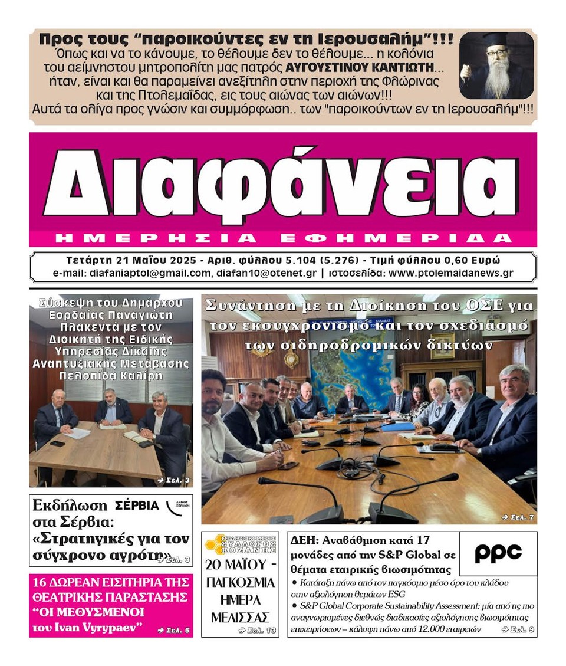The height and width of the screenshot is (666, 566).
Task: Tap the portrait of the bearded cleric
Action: [497, 65]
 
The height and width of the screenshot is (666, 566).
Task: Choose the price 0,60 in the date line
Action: [465, 260]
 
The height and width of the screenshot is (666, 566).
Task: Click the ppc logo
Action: [498, 553]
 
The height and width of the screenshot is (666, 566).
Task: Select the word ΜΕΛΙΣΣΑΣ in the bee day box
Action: [240, 617]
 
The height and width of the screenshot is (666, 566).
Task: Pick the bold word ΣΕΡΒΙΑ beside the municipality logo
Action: [137, 505]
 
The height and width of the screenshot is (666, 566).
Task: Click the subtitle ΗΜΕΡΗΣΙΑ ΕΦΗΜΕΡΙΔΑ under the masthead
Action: [282, 238]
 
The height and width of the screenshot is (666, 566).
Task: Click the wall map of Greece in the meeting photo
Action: [366, 380]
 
